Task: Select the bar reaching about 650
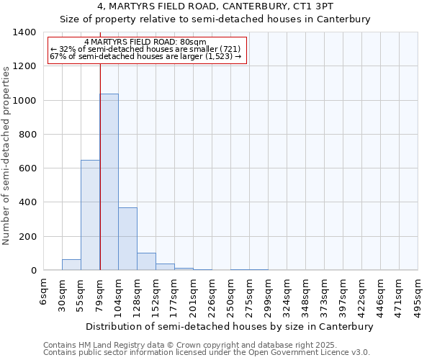(x=90, y=215)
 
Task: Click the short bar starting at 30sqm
(x=71, y=265)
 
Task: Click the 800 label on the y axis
(x=27, y=135)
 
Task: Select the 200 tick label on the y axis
(x=27, y=237)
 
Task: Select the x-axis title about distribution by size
(x=231, y=326)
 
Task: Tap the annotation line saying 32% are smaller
(x=147, y=49)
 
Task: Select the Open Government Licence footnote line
(x=206, y=353)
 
